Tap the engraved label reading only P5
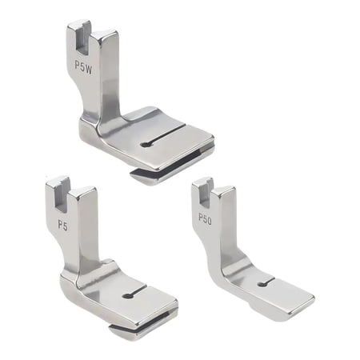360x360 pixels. pos(62,226)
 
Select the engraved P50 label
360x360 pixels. pos(205,218)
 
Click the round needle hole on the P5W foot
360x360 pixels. pos(142,144)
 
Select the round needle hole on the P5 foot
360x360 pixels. pos(127,296)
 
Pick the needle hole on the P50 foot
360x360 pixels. pos(262,283)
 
